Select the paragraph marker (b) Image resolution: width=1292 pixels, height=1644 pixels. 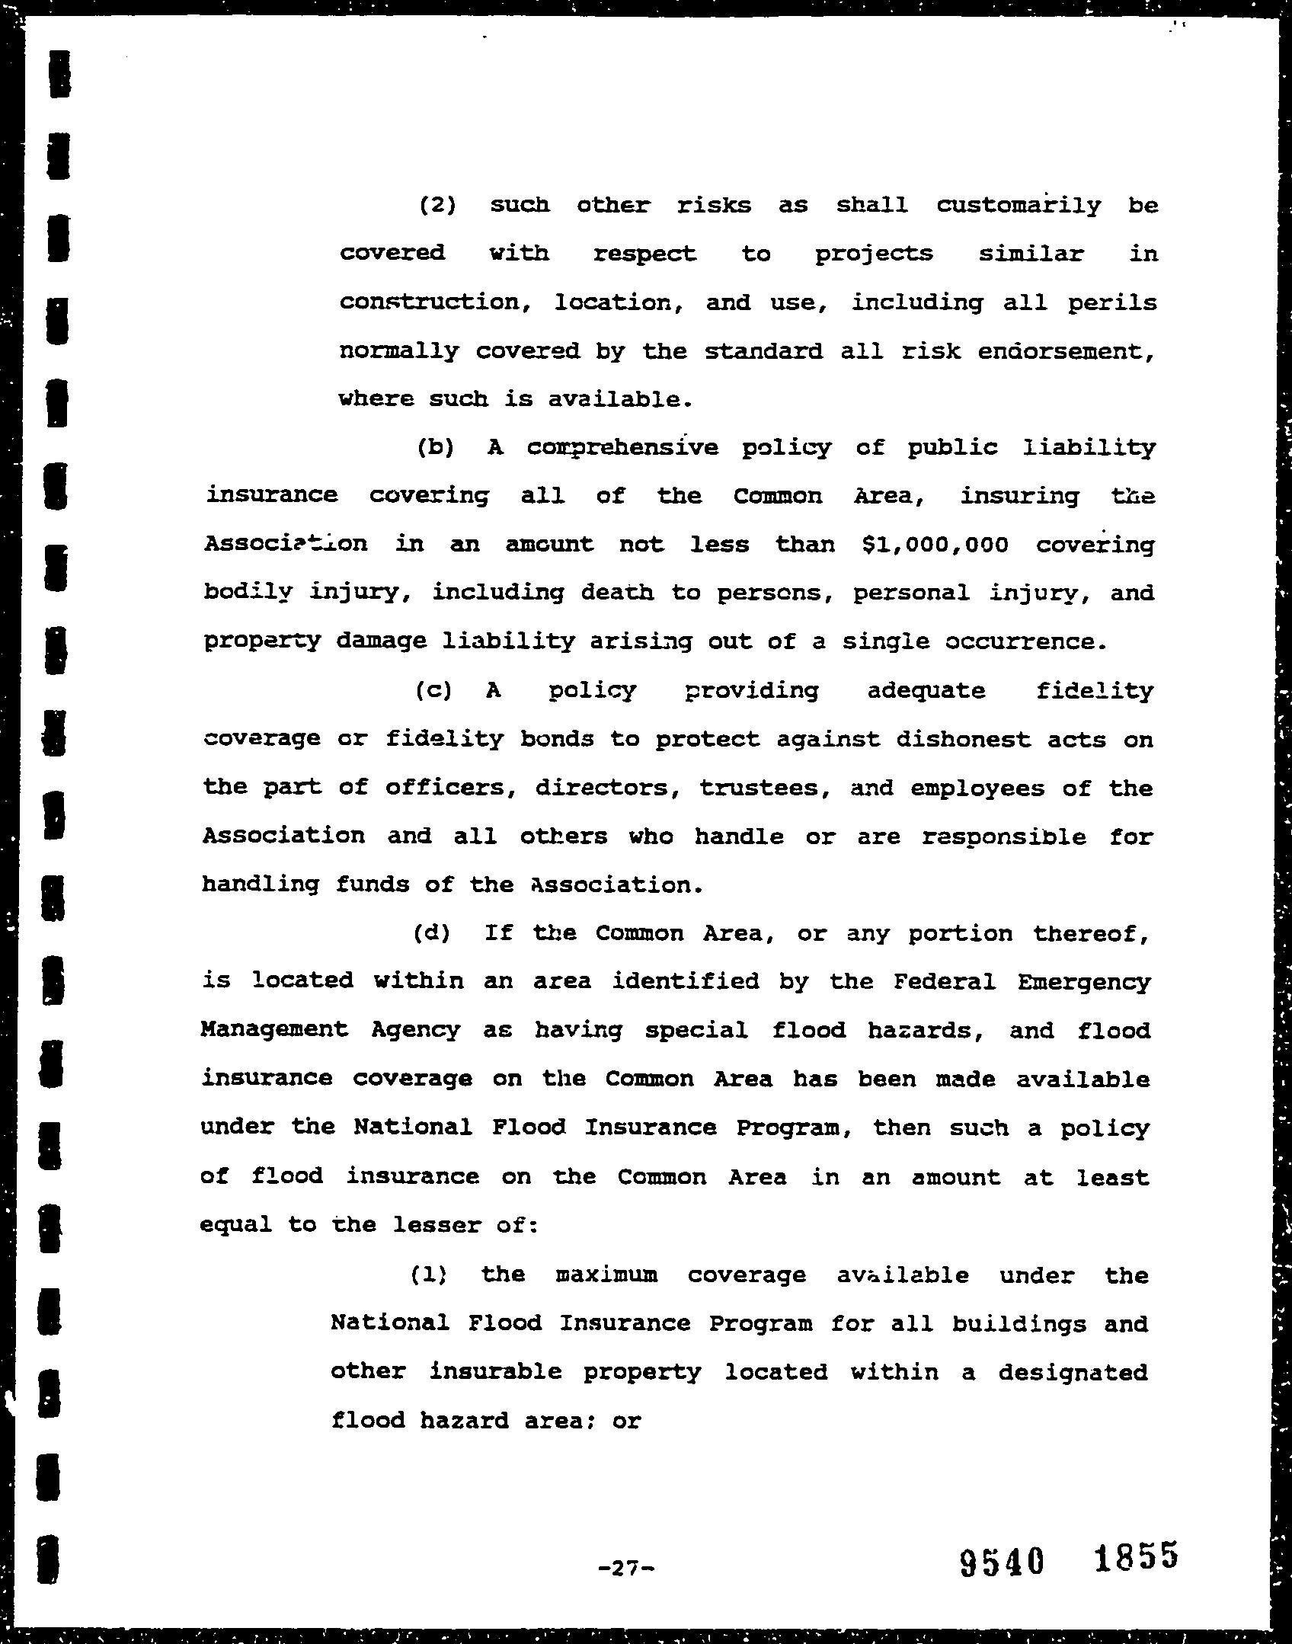(x=436, y=448)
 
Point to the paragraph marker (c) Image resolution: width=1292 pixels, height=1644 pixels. (x=434, y=691)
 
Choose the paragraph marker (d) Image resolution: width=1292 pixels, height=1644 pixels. (x=432, y=933)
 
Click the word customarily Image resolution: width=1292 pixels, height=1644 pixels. (x=1019, y=206)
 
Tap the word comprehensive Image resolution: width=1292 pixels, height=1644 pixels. (x=622, y=448)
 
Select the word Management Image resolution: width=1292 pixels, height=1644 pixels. (x=274, y=1031)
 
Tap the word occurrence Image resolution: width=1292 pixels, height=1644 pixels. (x=1025, y=642)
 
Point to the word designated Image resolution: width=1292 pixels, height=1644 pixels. (x=1073, y=1373)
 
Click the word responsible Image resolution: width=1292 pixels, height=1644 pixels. (x=1004, y=837)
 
